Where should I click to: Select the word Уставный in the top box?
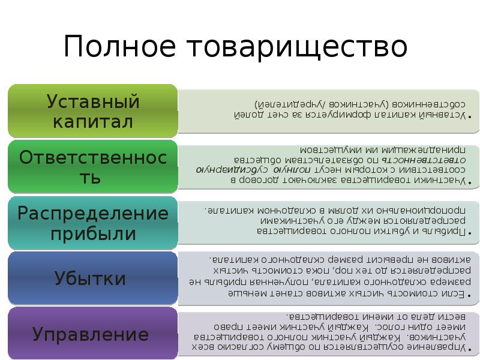(93, 101)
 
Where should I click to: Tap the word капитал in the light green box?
(93, 121)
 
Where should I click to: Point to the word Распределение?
(93, 213)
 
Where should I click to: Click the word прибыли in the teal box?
(93, 233)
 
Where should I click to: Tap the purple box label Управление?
(90, 334)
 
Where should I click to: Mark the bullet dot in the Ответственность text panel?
(469, 181)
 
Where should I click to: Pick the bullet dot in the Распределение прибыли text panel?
(469, 233)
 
